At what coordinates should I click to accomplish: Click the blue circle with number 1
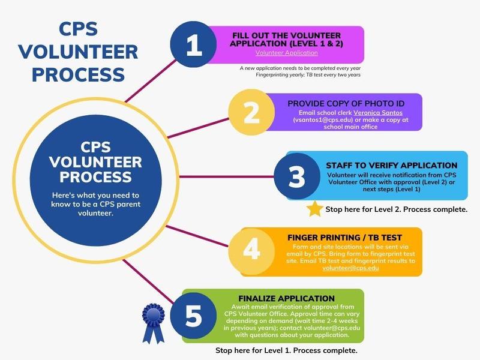click(x=193, y=44)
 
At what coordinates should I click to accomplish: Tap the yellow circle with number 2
click(x=251, y=112)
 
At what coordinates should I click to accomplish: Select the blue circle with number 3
click(x=297, y=176)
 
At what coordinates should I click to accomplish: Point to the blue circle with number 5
click(x=193, y=316)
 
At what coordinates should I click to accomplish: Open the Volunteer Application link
click(x=287, y=53)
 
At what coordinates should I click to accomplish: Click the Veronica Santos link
click(x=378, y=113)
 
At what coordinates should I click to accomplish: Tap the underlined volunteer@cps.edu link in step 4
click(x=350, y=268)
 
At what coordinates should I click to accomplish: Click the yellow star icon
click(x=314, y=209)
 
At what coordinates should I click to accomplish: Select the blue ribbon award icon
click(x=154, y=323)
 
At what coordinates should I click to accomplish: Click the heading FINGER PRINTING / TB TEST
click(x=344, y=238)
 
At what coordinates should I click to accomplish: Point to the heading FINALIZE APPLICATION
click(x=287, y=298)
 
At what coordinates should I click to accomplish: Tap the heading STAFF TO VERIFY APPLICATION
click(x=392, y=166)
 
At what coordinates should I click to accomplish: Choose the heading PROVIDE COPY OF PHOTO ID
click(x=346, y=103)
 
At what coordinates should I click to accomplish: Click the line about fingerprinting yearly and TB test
click(x=308, y=74)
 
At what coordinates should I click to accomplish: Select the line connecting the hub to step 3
click(x=226, y=176)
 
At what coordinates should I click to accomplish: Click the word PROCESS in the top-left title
click(x=79, y=74)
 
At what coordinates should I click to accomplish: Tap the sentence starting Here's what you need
click(x=95, y=204)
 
